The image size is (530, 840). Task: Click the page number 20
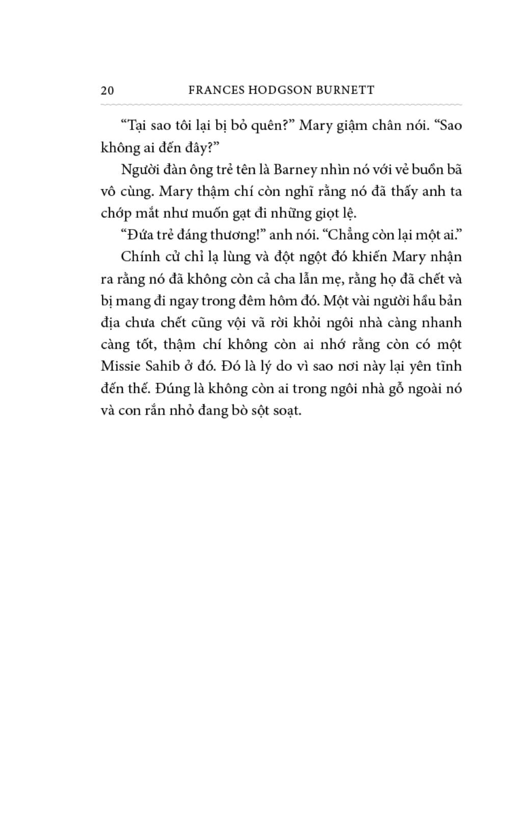(108, 90)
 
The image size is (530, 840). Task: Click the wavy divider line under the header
(281, 105)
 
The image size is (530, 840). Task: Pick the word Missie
(121, 366)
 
